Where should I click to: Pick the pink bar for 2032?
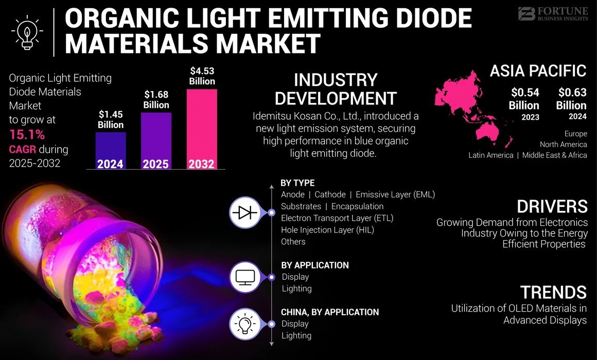tap(202, 129)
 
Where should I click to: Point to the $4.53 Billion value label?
tap(202, 76)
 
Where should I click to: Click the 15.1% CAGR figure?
tap(27, 135)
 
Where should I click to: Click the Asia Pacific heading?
tap(538, 70)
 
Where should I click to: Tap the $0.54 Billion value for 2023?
tap(524, 99)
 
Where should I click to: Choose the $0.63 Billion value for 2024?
tap(571, 99)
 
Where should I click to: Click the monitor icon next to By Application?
tap(245, 277)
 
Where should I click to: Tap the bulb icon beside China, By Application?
tap(245, 324)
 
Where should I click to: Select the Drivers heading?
tap(552, 206)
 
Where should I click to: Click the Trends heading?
tap(553, 292)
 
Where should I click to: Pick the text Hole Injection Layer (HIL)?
tap(327, 230)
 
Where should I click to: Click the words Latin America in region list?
tap(490, 155)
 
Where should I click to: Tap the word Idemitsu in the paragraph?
tap(270, 116)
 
